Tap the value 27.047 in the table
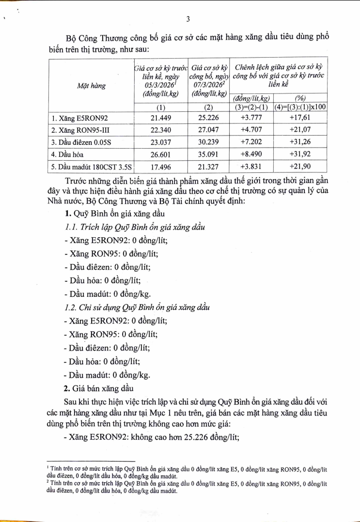(x=207, y=130)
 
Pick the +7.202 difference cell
(x=251, y=142)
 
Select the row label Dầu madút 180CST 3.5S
(x=92, y=168)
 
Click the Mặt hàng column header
(x=92, y=85)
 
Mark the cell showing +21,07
(x=299, y=130)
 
